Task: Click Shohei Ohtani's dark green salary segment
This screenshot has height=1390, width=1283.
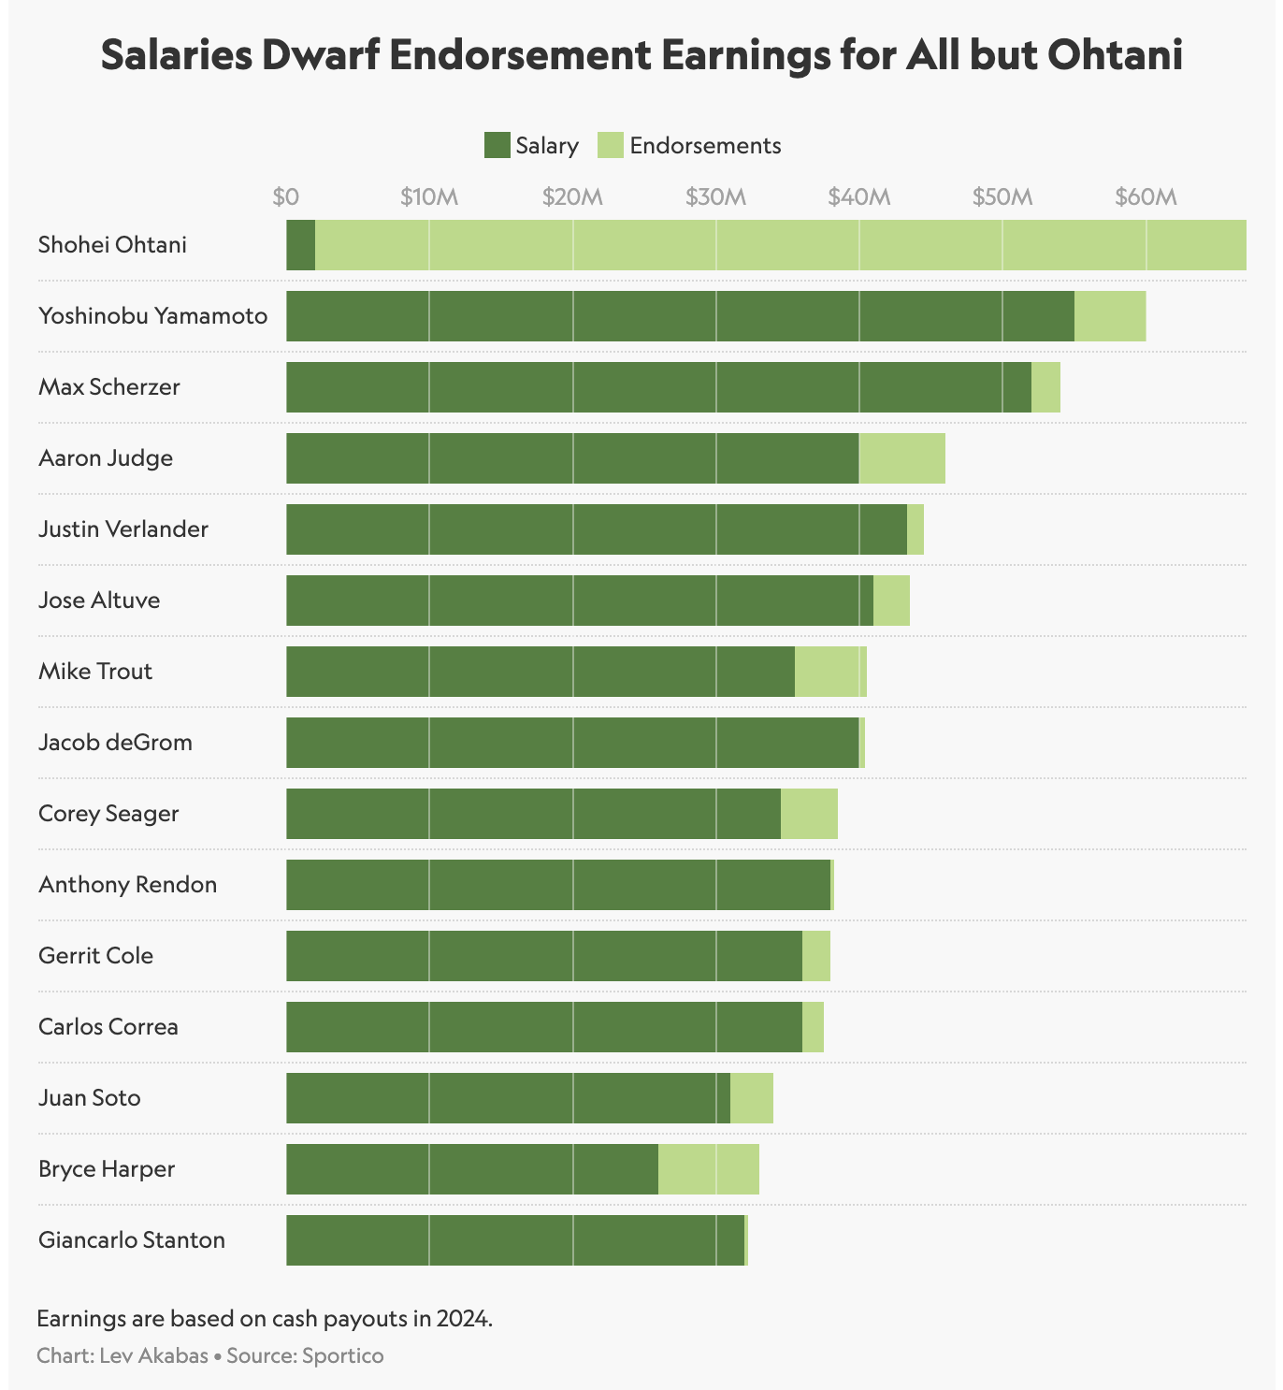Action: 301,245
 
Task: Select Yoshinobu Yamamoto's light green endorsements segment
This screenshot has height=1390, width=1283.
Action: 1110,316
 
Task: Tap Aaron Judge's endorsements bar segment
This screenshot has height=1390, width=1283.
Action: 901,458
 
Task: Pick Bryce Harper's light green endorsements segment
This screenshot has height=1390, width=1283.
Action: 709,1169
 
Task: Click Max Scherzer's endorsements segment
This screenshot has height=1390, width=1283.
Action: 1045,387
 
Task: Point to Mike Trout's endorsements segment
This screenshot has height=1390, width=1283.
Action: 830,672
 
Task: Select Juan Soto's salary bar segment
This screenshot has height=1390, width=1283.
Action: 508,1098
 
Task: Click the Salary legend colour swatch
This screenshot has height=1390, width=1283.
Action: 497,146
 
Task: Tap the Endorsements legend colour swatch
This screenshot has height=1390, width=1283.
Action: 611,146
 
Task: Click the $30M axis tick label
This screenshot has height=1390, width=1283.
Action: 715,197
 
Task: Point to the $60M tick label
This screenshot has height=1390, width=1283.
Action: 1145,197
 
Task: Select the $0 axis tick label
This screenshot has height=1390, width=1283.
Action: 286,197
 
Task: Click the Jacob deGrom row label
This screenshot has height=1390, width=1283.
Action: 115,743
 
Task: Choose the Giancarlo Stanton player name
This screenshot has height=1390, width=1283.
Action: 132,1240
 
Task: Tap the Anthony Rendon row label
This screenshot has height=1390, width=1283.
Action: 127,885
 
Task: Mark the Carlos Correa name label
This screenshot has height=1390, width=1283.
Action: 108,1027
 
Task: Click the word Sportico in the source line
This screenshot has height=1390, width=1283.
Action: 342,1355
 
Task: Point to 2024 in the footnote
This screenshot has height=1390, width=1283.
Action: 461,1319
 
